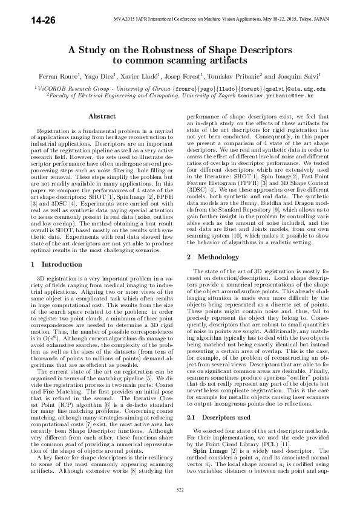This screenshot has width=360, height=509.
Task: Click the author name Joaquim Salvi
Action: pyautogui.click(x=292, y=78)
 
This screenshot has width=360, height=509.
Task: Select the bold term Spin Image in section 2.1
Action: pyautogui.click(x=206, y=451)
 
